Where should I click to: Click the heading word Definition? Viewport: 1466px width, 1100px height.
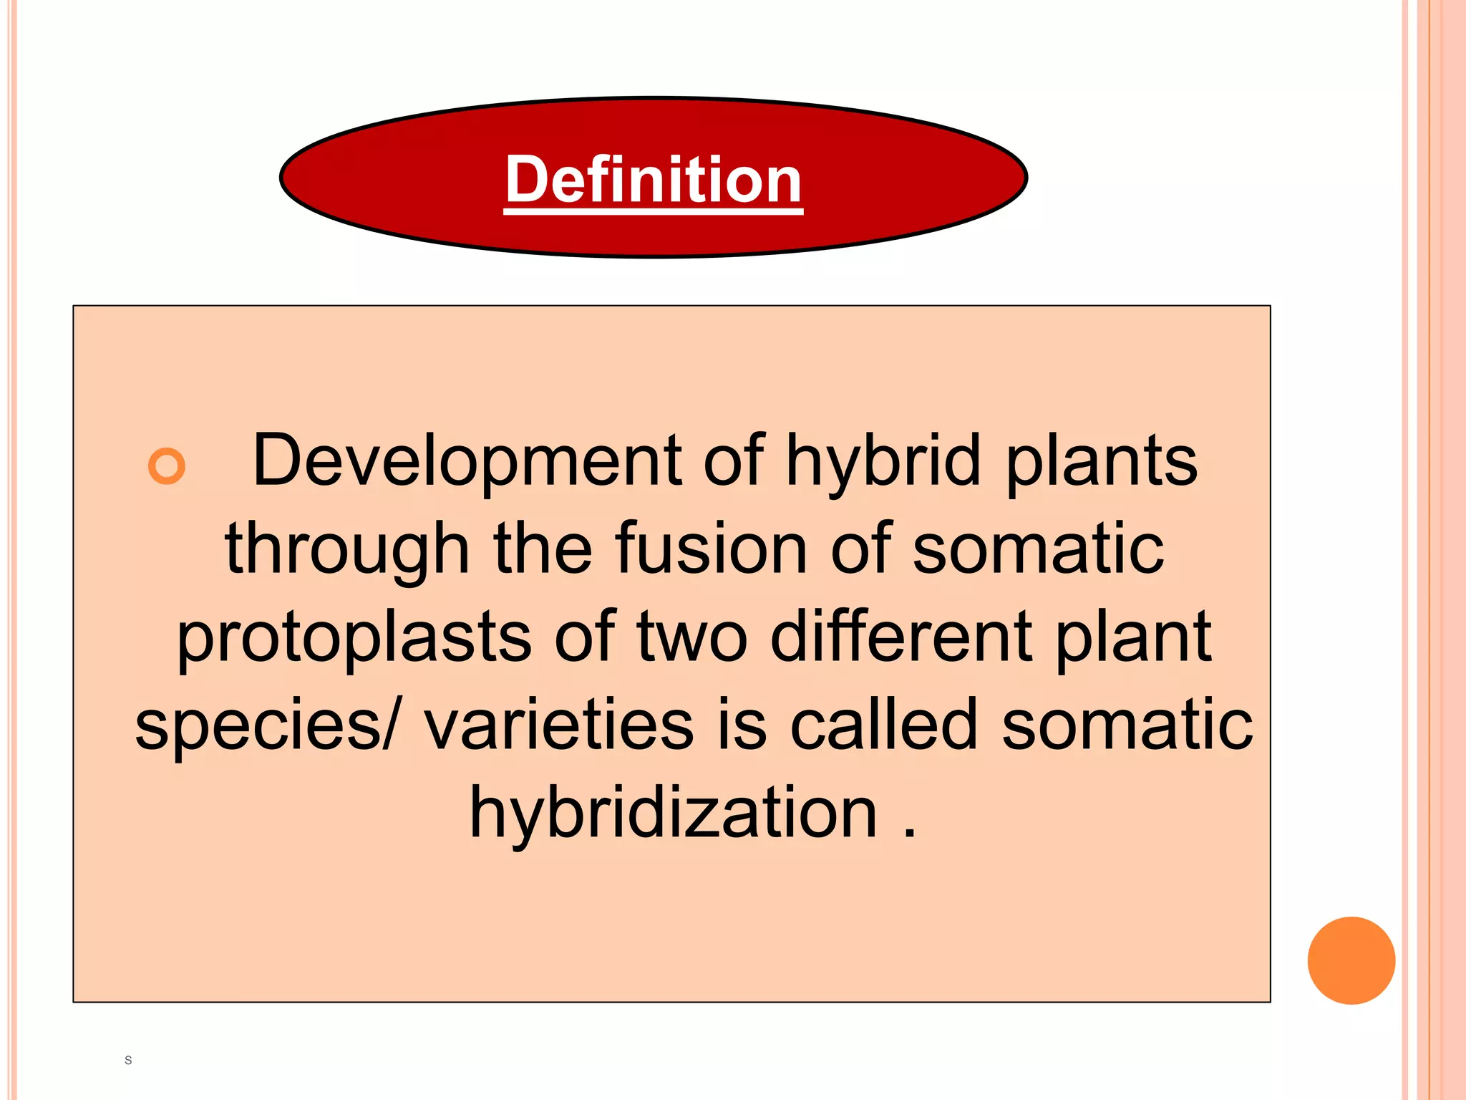[x=653, y=180]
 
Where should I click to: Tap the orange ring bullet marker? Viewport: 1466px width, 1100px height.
[x=167, y=466]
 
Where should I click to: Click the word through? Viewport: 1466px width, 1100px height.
[x=347, y=549]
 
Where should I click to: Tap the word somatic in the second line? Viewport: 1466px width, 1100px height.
[x=1039, y=549]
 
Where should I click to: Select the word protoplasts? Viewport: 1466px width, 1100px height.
[x=354, y=637]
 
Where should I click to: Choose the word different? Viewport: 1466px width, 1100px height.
[x=901, y=637]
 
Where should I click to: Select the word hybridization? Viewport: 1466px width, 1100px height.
[x=673, y=814]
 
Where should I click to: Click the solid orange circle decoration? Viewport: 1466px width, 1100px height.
[x=1351, y=960]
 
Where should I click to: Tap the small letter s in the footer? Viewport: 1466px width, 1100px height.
[x=128, y=1060]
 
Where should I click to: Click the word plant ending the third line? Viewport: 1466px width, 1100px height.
[x=1133, y=637]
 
